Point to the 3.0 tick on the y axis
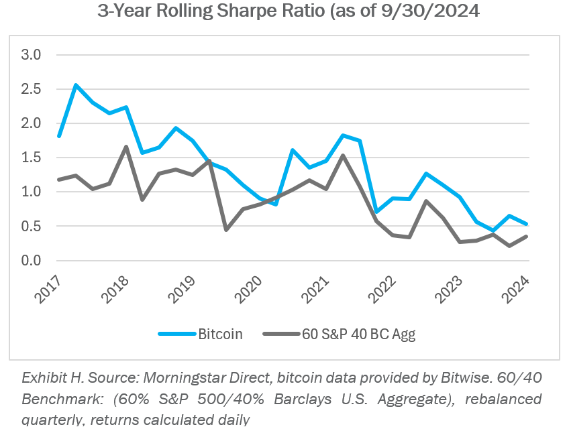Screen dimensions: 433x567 point(32,54)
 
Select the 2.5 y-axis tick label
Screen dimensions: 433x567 point(32,89)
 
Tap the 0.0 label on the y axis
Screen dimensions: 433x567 point(32,260)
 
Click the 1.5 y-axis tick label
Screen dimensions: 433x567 point(32,158)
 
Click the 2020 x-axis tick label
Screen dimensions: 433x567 point(250,288)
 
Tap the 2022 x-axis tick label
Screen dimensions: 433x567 point(384,288)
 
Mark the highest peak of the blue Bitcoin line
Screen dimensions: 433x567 point(76,85)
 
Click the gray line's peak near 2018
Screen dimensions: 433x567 point(126,147)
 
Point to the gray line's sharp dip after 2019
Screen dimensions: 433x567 point(226,230)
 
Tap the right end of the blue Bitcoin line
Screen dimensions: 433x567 point(527,224)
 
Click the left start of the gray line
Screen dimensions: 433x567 point(60,180)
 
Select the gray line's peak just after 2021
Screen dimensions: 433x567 point(343,156)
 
